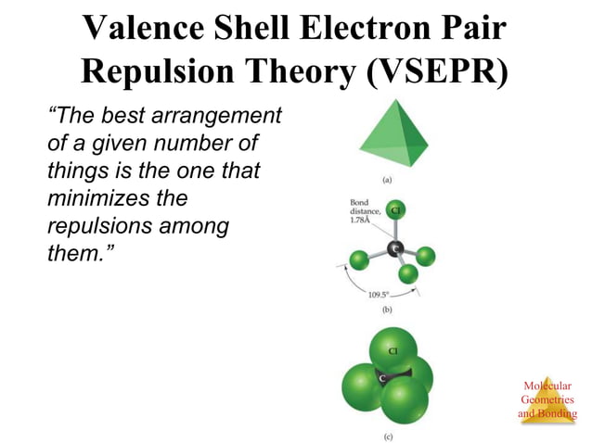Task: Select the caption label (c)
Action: (x=388, y=434)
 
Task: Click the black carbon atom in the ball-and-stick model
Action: (x=395, y=248)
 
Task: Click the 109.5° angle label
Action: (x=379, y=295)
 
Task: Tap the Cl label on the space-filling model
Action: (x=393, y=351)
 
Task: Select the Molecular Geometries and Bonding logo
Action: (x=547, y=400)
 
